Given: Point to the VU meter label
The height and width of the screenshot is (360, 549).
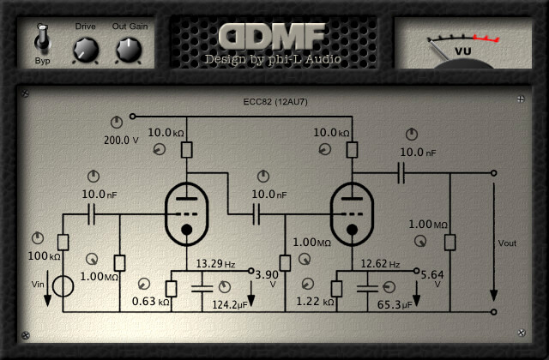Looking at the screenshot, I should [462, 52].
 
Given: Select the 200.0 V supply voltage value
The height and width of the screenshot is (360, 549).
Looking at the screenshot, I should [121, 140].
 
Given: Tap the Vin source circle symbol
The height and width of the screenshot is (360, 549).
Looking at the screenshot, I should [63, 285].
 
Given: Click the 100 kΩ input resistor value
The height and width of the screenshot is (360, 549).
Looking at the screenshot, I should [44, 256].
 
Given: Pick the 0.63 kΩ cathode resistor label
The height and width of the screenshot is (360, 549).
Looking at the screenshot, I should [150, 302].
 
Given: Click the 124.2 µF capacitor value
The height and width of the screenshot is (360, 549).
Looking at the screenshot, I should [230, 303].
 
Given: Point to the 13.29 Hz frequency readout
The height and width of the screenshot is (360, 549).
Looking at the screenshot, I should [215, 263].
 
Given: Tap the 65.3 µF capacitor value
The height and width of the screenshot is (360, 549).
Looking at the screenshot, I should [395, 303].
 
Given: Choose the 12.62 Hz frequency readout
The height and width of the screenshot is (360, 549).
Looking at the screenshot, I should [380, 263].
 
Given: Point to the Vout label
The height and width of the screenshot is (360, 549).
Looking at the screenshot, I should [507, 243].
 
